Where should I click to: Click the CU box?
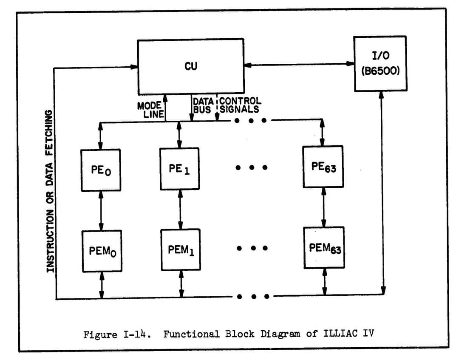[190, 66]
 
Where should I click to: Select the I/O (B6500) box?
[380, 63]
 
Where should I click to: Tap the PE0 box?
[101, 170]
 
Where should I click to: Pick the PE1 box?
[179, 168]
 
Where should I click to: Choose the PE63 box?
[323, 167]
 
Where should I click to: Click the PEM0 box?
[102, 251]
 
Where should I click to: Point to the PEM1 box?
[181, 249]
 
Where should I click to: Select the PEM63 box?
[324, 247]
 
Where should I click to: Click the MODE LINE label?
[149, 109]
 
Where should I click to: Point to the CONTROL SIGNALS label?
[240, 105]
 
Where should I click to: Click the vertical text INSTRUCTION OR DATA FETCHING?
[50, 191]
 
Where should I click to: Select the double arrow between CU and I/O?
[299, 64]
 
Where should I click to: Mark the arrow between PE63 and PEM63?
[323, 207]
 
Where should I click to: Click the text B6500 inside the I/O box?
[380, 71]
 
